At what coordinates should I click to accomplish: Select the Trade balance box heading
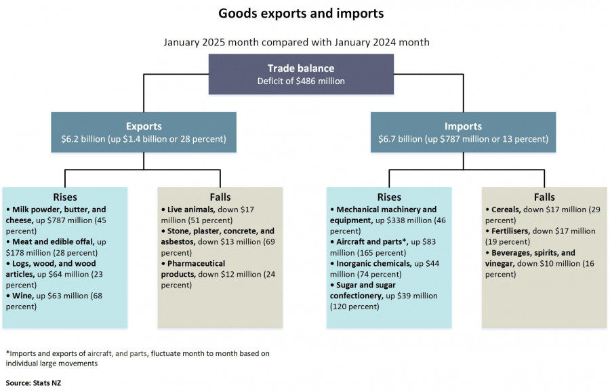pos(300,68)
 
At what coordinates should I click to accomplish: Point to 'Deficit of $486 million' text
pos(300,81)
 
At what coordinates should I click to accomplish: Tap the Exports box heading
pos(143,126)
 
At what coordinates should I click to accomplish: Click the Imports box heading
pos(463,126)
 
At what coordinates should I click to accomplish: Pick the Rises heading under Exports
pos(64,197)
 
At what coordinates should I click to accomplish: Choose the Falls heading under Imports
pos(544,197)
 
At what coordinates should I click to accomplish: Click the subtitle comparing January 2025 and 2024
pos(296,42)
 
